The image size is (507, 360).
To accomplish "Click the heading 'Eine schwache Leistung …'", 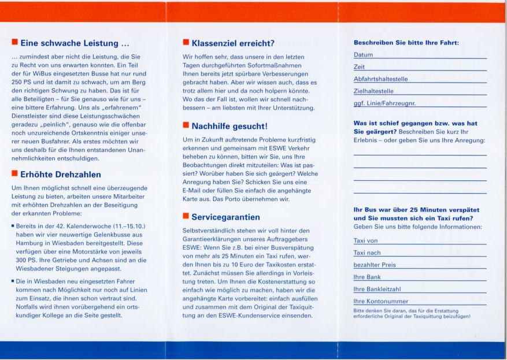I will (x=75, y=43).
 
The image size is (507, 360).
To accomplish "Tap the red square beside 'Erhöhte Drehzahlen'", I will (x=14, y=173).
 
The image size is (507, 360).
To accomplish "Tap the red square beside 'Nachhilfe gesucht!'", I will (x=186, y=125).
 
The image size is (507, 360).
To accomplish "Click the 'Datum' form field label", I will (x=363, y=55).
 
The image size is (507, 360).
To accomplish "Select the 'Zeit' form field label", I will (x=359, y=67).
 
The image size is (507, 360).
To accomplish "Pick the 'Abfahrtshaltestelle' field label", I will (x=380, y=79).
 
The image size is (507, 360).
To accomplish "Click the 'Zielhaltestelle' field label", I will (x=373, y=91).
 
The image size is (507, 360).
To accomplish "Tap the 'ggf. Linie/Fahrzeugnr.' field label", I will (x=384, y=103).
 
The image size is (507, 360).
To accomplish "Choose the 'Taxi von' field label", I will (x=365, y=240).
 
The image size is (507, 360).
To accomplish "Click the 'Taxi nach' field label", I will (x=367, y=253).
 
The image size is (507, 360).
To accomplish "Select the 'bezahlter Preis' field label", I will (x=375, y=265).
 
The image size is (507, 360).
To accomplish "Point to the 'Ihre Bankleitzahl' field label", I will (x=377, y=289).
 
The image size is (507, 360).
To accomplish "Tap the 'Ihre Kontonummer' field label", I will (x=380, y=301).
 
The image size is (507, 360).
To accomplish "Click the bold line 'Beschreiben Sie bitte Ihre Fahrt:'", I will (x=406, y=43).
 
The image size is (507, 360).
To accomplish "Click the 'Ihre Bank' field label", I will (x=367, y=277).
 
